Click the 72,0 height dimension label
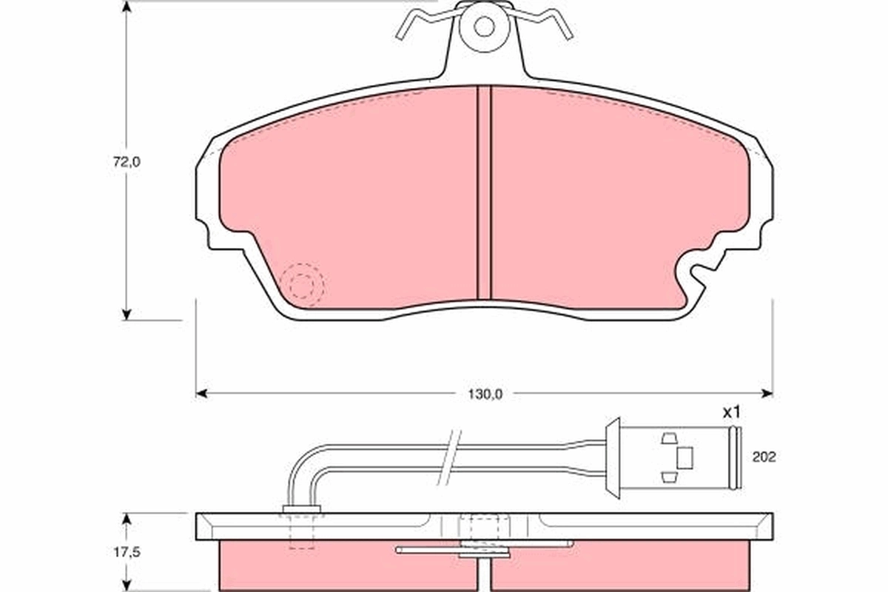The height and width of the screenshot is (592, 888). [x=127, y=162]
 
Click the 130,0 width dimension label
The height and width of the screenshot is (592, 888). [x=484, y=394]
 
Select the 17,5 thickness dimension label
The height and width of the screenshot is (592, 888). [x=127, y=551]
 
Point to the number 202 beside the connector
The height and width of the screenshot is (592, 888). [x=763, y=457]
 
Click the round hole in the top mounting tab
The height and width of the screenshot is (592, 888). [x=484, y=27]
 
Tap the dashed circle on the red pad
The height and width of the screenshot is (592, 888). [x=301, y=285]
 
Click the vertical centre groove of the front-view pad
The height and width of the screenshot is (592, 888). [x=484, y=192]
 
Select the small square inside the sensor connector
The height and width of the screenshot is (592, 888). [x=685, y=458]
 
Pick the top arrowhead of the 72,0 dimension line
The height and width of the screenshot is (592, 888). [x=127, y=7]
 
